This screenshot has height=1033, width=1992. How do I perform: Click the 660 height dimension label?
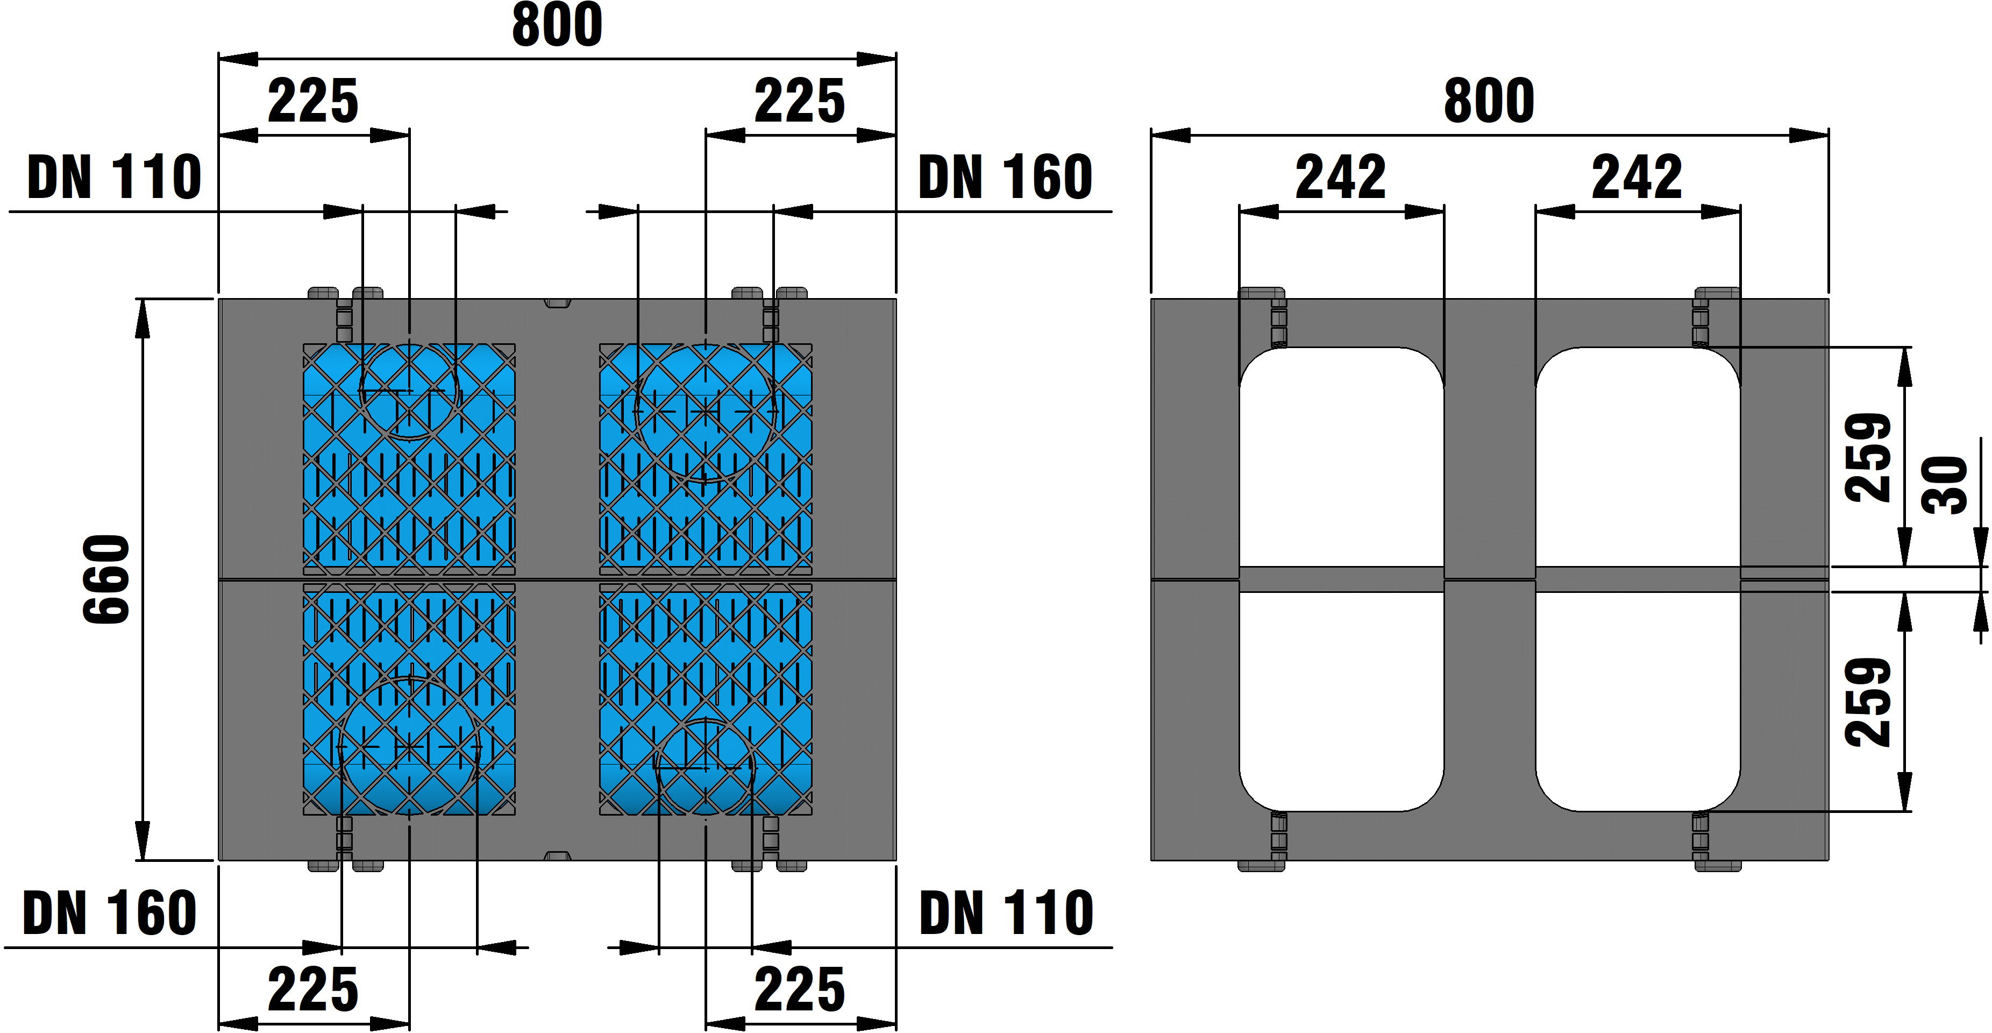[106, 579]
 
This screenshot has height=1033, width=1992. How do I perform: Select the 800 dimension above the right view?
[1489, 101]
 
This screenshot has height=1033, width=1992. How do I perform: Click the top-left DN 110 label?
[115, 177]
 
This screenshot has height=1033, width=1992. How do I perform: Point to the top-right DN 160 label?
[1005, 177]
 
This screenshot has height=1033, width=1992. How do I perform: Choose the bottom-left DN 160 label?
[110, 913]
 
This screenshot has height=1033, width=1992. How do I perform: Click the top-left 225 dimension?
[313, 101]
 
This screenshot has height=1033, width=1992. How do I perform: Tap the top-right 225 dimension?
[800, 101]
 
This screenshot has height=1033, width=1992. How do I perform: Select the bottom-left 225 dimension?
[313, 989]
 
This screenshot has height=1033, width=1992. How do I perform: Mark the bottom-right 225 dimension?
[800, 989]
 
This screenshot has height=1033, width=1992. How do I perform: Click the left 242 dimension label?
[1341, 177]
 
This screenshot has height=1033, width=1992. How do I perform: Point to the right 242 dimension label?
[1637, 177]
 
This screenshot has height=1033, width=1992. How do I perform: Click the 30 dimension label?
[1945, 485]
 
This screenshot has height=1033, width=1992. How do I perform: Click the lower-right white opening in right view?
[1638, 701]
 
